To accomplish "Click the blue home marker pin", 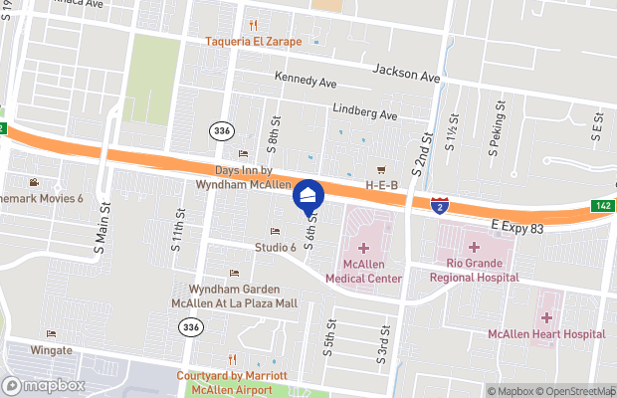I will coord(308,196).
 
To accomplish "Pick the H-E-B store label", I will coord(381,184).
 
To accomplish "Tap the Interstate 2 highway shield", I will coord(440,205).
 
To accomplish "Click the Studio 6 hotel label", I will coord(276,247).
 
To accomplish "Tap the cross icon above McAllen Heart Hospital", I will coord(545,317).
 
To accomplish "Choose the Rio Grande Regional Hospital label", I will coord(474,272).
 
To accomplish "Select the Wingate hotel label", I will coord(50,350).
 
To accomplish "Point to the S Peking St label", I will coord(493,137).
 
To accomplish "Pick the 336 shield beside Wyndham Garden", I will coord(189,326).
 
